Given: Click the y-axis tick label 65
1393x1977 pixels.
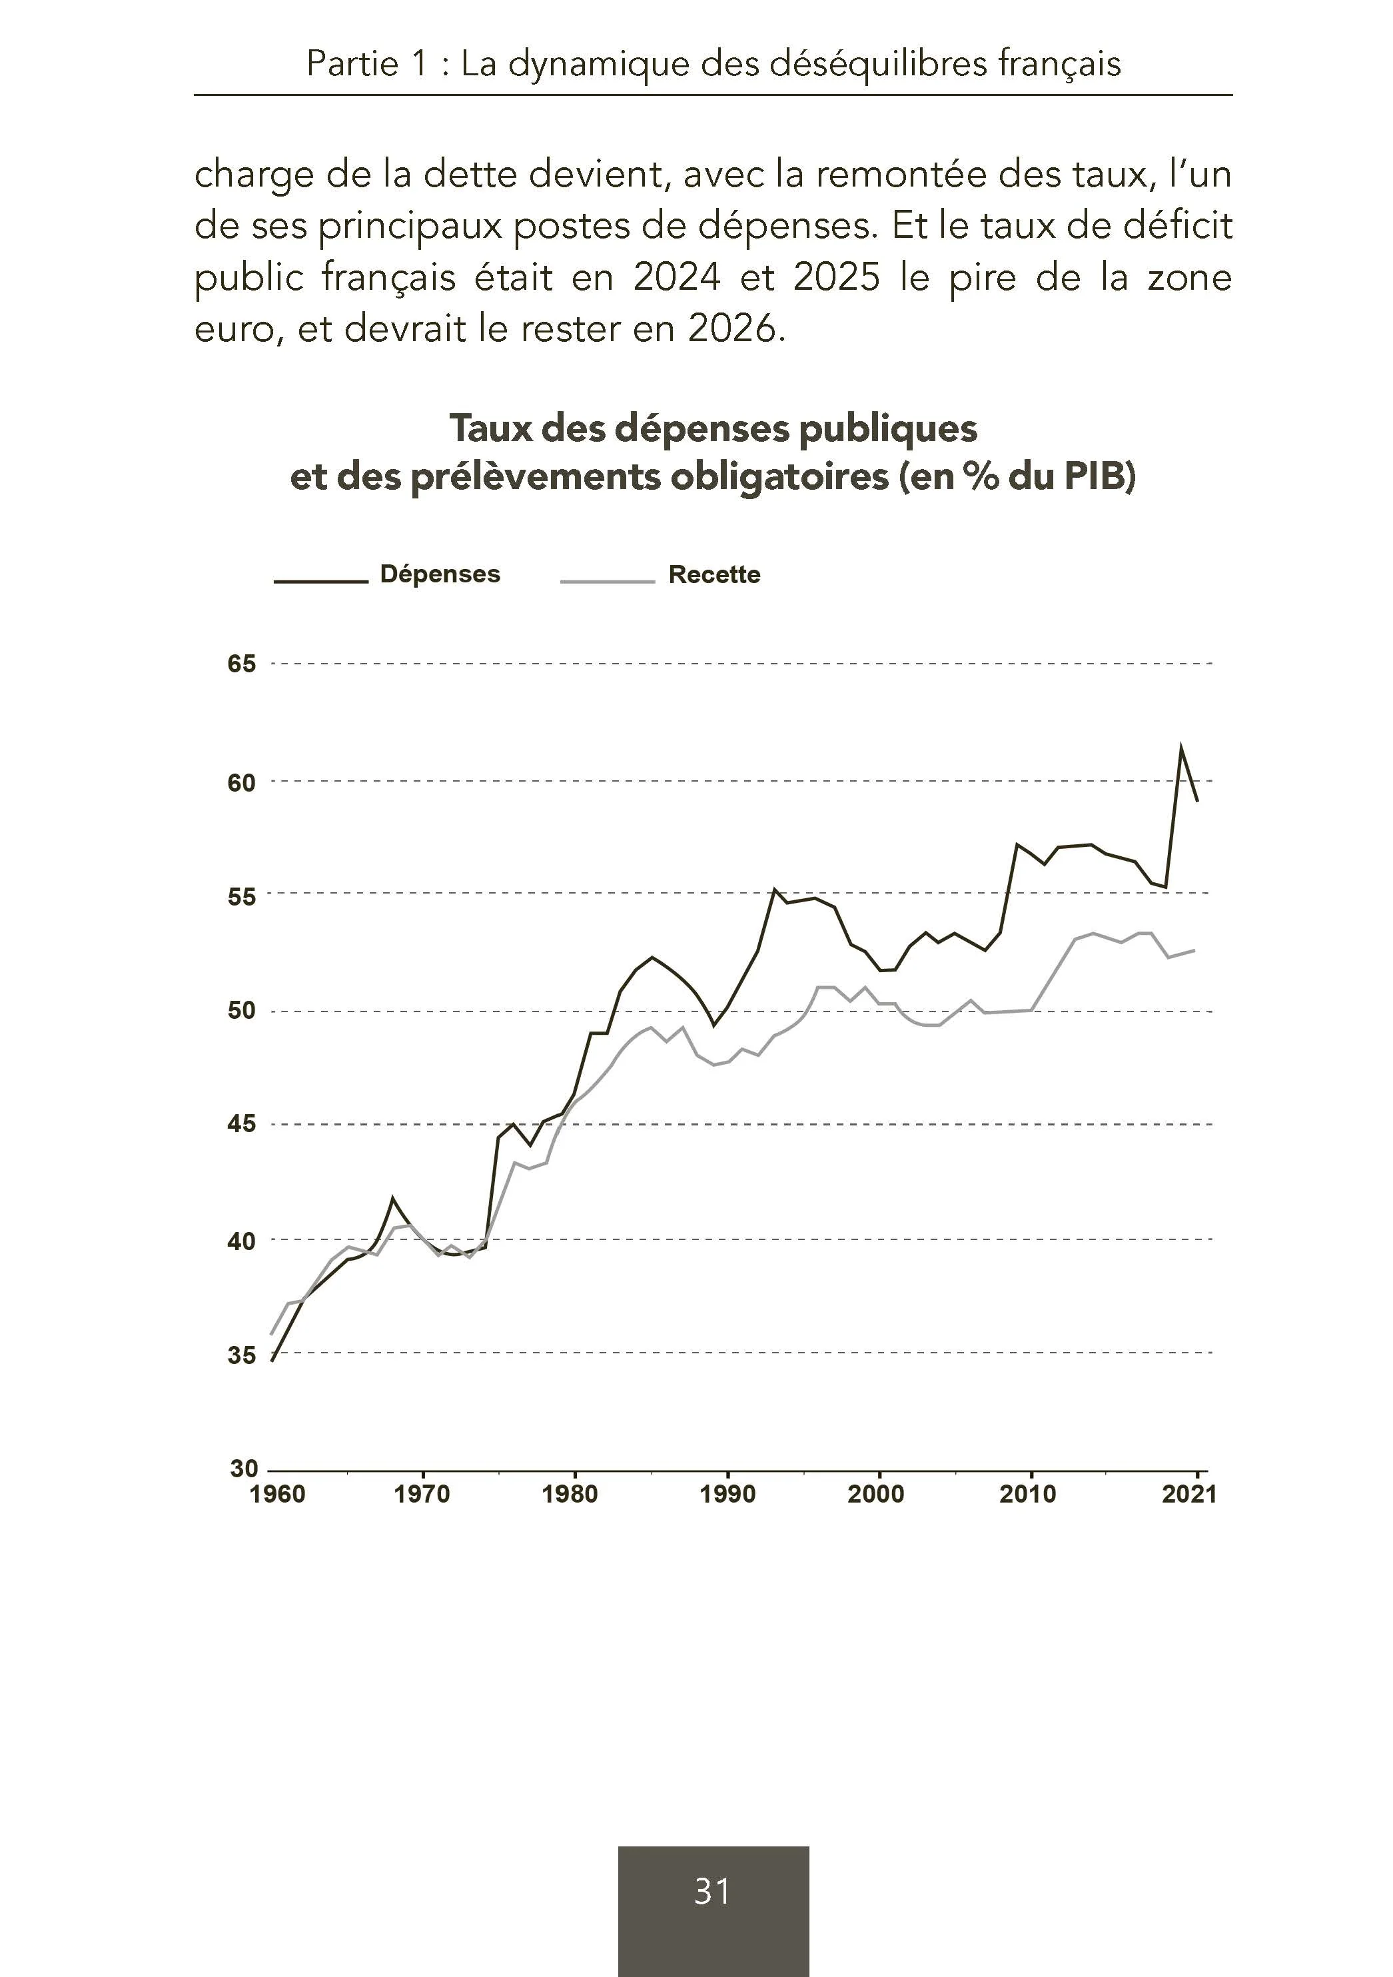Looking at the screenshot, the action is (242, 664).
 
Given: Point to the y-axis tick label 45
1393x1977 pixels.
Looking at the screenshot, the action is (242, 1123).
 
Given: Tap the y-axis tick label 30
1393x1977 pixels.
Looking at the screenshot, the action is (244, 1469).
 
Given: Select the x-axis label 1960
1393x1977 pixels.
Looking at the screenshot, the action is (277, 1495).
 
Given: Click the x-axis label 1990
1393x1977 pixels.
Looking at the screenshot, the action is (727, 1495).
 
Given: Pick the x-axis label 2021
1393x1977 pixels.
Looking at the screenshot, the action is (1189, 1495).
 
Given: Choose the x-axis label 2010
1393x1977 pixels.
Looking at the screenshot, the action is (1028, 1495).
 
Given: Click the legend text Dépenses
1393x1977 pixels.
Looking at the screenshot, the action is (440, 574).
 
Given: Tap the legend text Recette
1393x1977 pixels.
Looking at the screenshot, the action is (715, 574).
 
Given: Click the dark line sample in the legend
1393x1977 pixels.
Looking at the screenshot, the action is (321, 581).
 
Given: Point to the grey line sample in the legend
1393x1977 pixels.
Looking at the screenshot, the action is (608, 581).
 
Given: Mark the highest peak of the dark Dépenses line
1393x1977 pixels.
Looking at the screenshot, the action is (1180, 746).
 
